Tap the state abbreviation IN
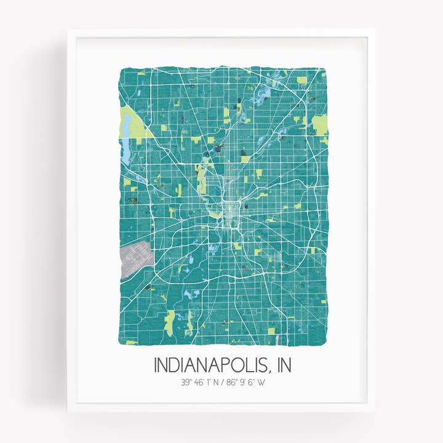[282, 365]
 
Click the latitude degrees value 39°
[186, 383]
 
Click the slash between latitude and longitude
[223, 383]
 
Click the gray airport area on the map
[134, 258]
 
